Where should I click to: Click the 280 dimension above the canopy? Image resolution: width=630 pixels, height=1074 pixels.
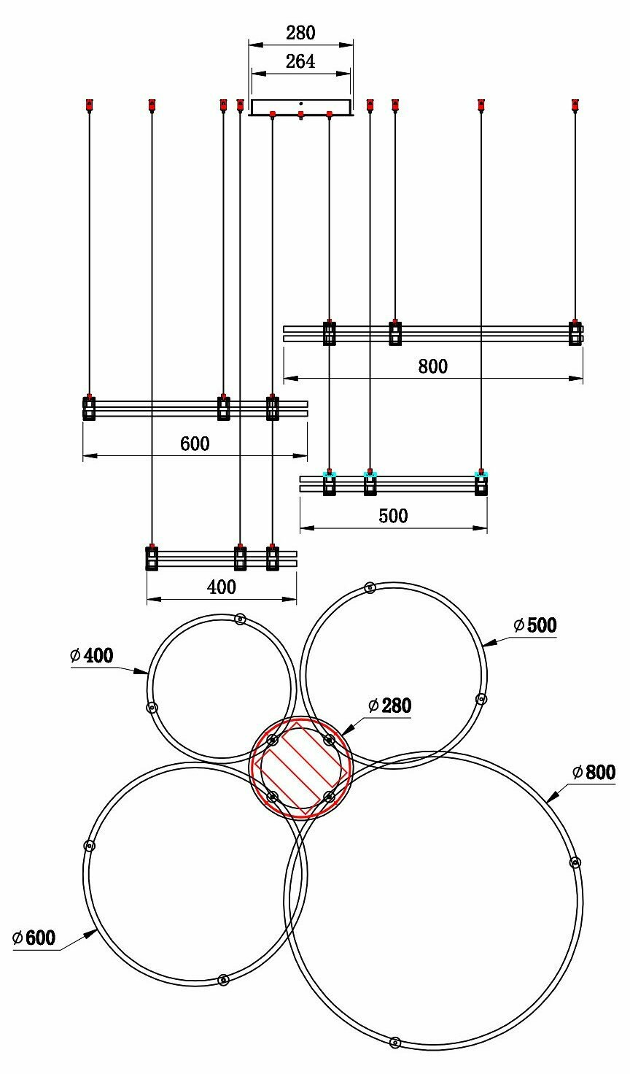(300, 33)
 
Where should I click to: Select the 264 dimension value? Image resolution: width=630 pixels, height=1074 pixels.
(300, 62)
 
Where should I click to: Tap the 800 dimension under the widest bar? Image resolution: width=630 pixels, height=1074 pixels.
(433, 366)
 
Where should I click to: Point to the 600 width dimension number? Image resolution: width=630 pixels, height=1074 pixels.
(194, 443)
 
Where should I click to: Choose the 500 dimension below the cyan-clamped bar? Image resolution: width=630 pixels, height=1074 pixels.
(393, 516)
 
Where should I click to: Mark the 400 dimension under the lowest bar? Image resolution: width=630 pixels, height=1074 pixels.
(222, 587)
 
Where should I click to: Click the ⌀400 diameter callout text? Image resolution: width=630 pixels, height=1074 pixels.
(92, 655)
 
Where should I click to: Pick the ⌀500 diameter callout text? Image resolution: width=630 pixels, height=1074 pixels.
(535, 625)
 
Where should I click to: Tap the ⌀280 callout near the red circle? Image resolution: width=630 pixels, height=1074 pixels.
(390, 706)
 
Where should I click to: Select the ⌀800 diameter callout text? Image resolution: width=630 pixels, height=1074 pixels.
(594, 772)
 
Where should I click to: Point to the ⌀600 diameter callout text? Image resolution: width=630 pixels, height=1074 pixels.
(34, 938)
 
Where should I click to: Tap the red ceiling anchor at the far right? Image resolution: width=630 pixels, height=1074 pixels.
(575, 104)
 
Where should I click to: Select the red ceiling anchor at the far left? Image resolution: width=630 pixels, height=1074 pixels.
(89, 104)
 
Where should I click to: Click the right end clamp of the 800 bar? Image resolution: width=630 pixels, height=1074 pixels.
(575, 333)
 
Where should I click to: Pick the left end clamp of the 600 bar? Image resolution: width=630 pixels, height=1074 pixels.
(89, 408)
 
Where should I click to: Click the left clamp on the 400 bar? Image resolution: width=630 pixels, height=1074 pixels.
(152, 558)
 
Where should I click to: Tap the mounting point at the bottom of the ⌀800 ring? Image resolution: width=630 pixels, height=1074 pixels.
(394, 1042)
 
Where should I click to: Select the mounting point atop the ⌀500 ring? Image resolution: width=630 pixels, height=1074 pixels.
(370, 587)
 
